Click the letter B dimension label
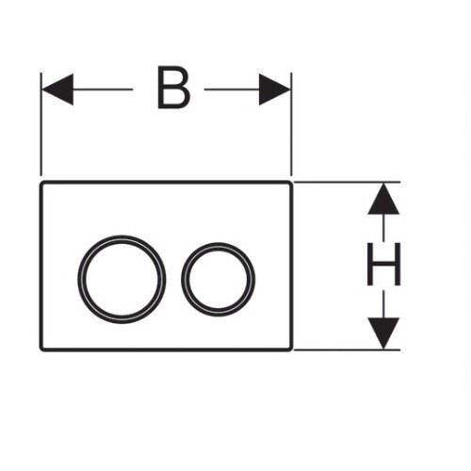point(173,88)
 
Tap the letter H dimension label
point(383,264)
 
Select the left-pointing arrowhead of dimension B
point(57,89)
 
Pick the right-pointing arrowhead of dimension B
point(275,89)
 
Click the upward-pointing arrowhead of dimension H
point(383,199)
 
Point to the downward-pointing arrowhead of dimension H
point(383,333)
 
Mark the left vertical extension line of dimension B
point(41,124)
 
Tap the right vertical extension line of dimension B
point(291,124)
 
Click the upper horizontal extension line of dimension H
point(347,182)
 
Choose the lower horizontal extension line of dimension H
point(347,349)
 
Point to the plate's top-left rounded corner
point(41,183)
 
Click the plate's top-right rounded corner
point(291,183)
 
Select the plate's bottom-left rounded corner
point(41,349)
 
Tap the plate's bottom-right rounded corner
point(291,349)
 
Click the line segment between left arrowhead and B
point(103,89)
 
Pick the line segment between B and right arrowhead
point(232,89)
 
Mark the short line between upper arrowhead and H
point(383,227)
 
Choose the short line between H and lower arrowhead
point(383,304)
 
